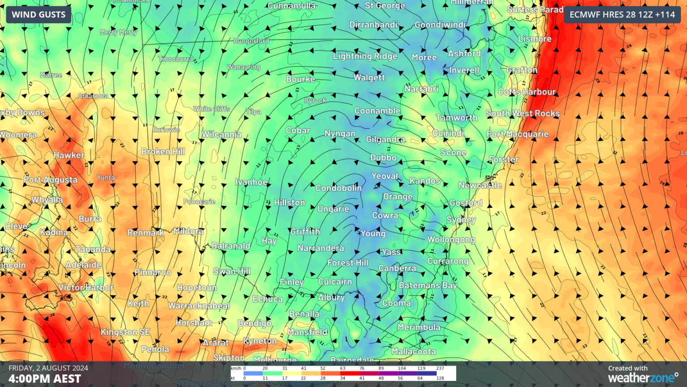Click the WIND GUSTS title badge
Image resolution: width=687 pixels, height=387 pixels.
(x=38, y=15)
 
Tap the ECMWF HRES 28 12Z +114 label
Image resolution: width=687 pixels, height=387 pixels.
(x=622, y=15)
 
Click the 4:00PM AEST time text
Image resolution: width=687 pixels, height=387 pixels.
(x=45, y=379)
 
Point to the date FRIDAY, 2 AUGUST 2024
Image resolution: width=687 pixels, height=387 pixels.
(x=48, y=368)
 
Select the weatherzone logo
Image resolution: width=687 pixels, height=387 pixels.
(x=643, y=378)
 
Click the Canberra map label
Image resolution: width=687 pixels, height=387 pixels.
(x=397, y=268)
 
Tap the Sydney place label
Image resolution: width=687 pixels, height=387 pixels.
(x=461, y=219)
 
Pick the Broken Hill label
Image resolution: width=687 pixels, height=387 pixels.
(x=163, y=151)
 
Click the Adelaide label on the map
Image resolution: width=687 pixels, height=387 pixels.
(x=84, y=265)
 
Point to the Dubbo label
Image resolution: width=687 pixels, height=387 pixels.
(x=383, y=158)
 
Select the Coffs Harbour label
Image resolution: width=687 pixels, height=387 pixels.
(x=527, y=92)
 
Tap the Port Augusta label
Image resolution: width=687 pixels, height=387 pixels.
(x=51, y=180)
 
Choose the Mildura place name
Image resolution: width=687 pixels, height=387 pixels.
(x=188, y=231)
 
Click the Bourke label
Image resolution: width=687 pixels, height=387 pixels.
(x=301, y=79)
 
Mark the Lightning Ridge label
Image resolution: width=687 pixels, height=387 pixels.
(x=365, y=56)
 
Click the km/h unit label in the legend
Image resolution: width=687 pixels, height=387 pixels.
(x=236, y=368)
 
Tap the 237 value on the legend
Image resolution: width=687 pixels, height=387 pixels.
(x=440, y=368)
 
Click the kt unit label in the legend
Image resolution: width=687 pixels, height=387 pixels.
(x=233, y=378)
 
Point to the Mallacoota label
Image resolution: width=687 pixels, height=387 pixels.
(x=414, y=352)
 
